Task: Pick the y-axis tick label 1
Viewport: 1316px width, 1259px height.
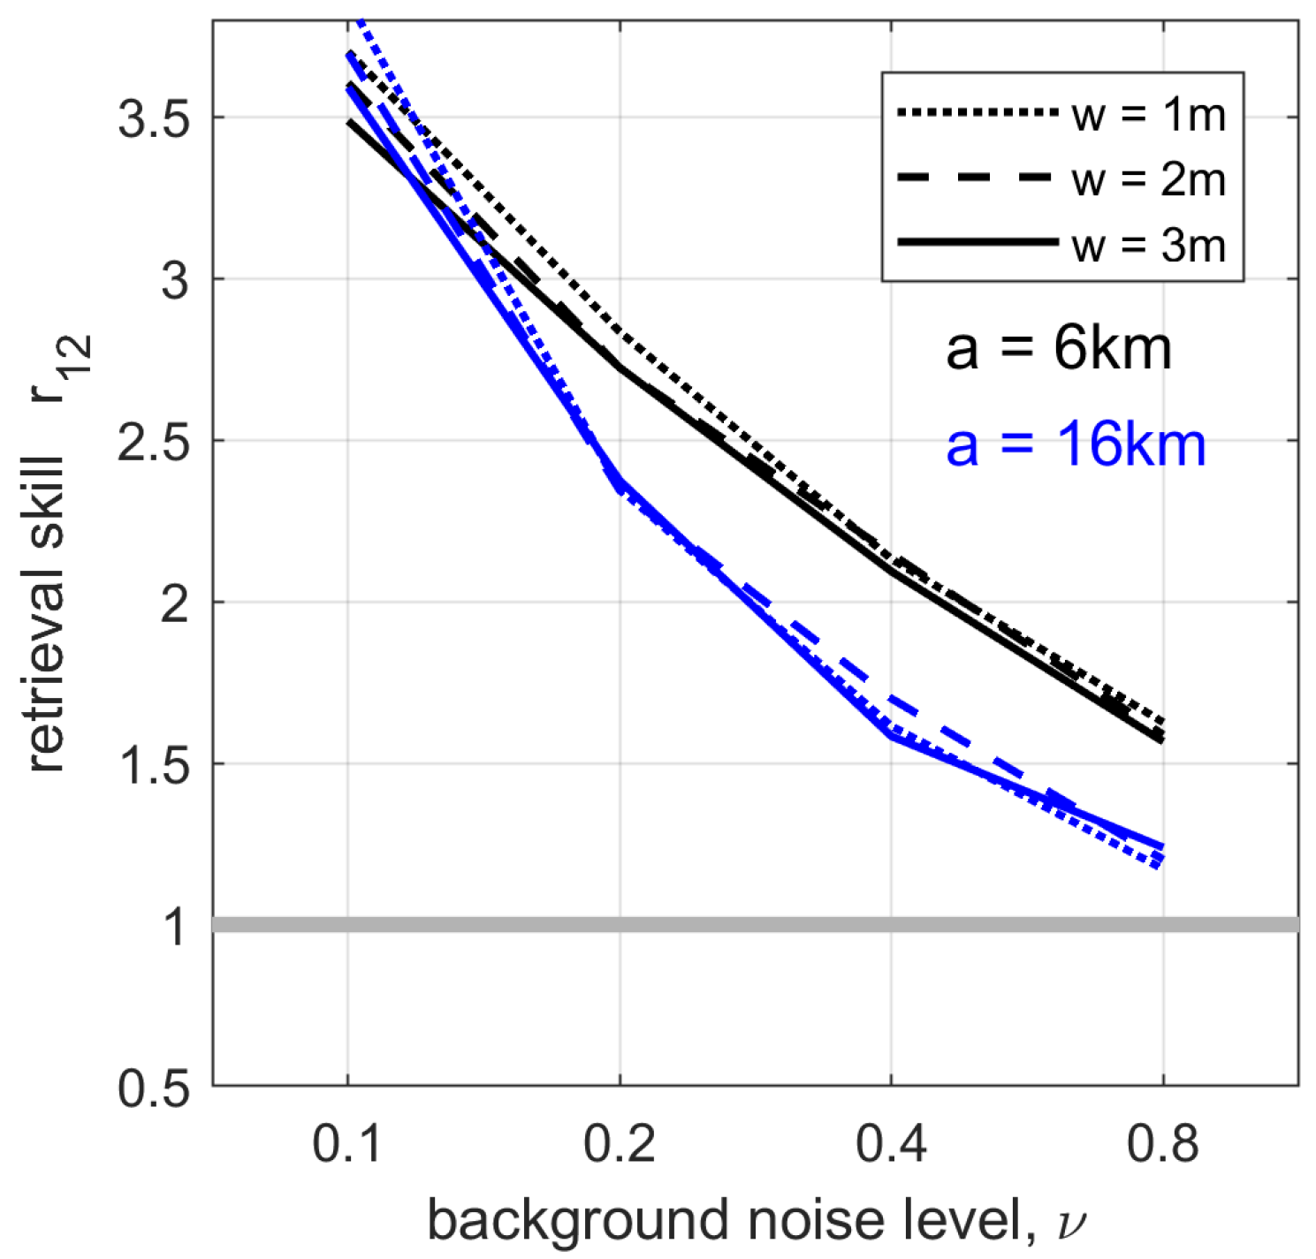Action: point(178,927)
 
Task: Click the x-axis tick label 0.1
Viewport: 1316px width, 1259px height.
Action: point(347,1145)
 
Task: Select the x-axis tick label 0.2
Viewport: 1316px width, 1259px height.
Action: point(620,1145)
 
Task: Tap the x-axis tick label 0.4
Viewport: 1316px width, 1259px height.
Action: point(891,1145)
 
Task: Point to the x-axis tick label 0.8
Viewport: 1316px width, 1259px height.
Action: point(1163,1145)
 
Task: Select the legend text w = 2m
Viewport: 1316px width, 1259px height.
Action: point(1148,179)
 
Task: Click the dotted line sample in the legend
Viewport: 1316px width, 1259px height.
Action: point(977,113)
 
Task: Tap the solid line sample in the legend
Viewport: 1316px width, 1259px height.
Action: point(977,241)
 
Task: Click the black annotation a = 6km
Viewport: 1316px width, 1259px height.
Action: point(1058,349)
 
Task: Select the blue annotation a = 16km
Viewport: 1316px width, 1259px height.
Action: point(1075,444)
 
